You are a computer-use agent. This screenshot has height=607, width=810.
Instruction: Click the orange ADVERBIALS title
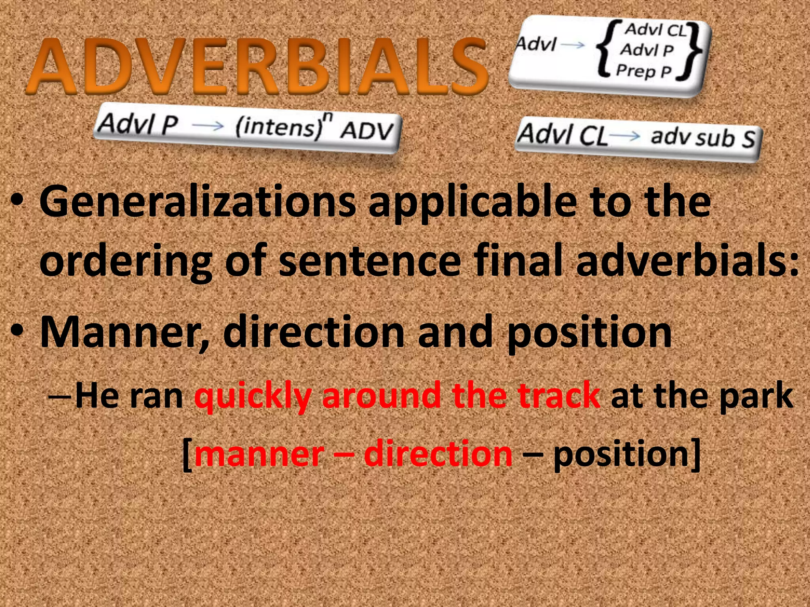point(257,66)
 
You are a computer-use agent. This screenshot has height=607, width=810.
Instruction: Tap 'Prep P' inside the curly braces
point(643,71)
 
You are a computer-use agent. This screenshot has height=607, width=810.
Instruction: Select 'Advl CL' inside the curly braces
point(655,30)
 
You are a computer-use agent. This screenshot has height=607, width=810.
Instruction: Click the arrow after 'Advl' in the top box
point(572,45)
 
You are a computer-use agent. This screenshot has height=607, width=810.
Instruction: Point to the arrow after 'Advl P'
point(208,126)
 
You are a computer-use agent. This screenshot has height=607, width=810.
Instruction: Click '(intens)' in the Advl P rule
point(279,126)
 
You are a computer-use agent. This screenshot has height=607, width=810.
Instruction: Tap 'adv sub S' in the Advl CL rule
point(703,138)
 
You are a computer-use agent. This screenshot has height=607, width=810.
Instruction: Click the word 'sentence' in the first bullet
point(369,261)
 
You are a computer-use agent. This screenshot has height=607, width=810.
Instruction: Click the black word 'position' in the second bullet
point(589,332)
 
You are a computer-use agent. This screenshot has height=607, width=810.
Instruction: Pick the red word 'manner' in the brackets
point(259,454)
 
